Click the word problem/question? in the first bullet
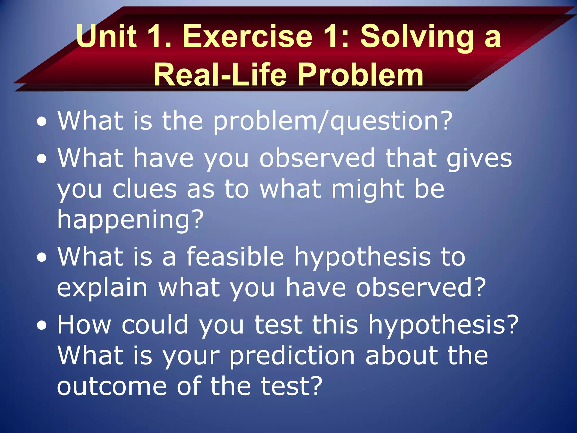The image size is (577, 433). point(332,121)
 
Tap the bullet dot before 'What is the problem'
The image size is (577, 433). point(42,122)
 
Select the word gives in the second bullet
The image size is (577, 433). point(479,159)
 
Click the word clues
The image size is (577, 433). point(145,189)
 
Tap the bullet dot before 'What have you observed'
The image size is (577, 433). point(42,159)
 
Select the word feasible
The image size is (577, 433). point(235,257)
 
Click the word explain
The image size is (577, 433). point(102,288)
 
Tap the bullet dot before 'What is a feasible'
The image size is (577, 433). point(42,257)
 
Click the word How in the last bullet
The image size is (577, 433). point(84,325)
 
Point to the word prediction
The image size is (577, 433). point(292,356)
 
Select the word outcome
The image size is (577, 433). point(112,386)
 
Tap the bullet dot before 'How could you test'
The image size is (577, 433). point(42,326)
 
